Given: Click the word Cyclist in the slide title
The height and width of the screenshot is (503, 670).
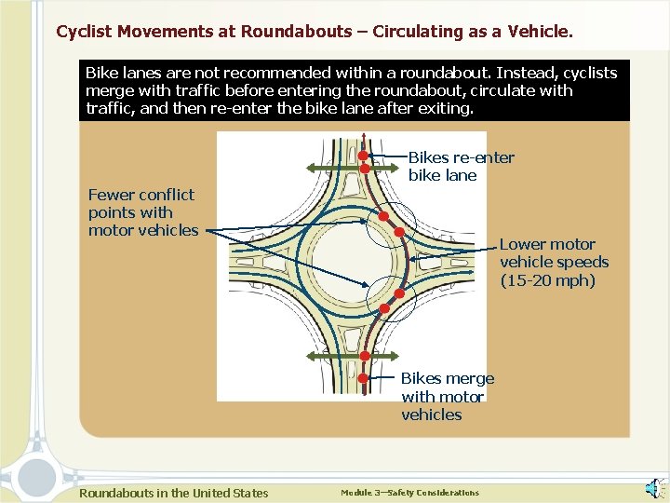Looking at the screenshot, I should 84,32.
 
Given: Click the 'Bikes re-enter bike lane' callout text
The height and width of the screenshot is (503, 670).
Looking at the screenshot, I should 461,167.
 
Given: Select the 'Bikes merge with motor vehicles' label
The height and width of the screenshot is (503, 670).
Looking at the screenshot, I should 447,397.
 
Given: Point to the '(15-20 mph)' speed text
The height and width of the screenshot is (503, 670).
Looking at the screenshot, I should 547,280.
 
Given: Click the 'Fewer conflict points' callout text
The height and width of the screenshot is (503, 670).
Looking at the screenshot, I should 142,212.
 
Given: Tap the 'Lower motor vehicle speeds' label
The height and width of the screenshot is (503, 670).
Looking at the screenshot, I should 554,253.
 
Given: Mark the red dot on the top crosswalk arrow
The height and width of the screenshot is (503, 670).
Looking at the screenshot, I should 364,169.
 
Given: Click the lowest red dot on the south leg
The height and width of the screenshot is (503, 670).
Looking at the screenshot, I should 363,378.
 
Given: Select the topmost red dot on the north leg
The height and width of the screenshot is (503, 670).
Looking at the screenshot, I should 364,156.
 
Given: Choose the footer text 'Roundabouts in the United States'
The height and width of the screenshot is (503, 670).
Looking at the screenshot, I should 174,493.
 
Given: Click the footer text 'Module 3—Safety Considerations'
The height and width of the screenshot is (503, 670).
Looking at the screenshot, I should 409,493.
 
